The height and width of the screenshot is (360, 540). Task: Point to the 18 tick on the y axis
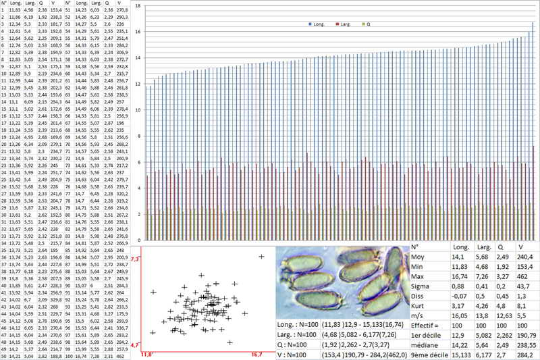(x=138, y=5)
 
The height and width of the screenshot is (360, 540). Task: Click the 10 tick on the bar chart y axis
(x=138, y=110)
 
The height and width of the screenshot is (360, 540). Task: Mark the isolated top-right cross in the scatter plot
(x=262, y=257)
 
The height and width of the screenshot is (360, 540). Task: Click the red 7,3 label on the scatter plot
(x=134, y=259)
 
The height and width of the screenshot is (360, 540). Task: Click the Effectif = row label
(x=429, y=324)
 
